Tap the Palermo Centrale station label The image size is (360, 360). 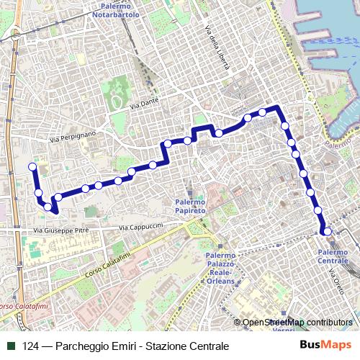332,256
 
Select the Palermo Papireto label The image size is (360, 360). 190,207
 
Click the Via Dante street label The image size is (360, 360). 144,107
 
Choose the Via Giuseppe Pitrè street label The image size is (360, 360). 60,231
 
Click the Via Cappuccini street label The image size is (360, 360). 141,226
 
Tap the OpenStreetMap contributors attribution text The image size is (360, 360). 297,323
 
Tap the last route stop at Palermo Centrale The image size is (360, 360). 327,231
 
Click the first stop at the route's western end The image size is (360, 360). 32,167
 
